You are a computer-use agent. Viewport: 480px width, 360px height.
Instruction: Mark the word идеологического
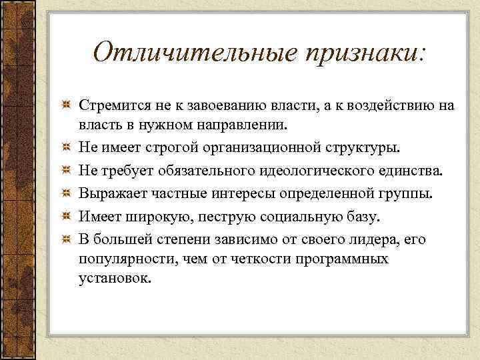(x=323, y=169)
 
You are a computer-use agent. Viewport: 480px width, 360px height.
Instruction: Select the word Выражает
(x=110, y=193)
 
